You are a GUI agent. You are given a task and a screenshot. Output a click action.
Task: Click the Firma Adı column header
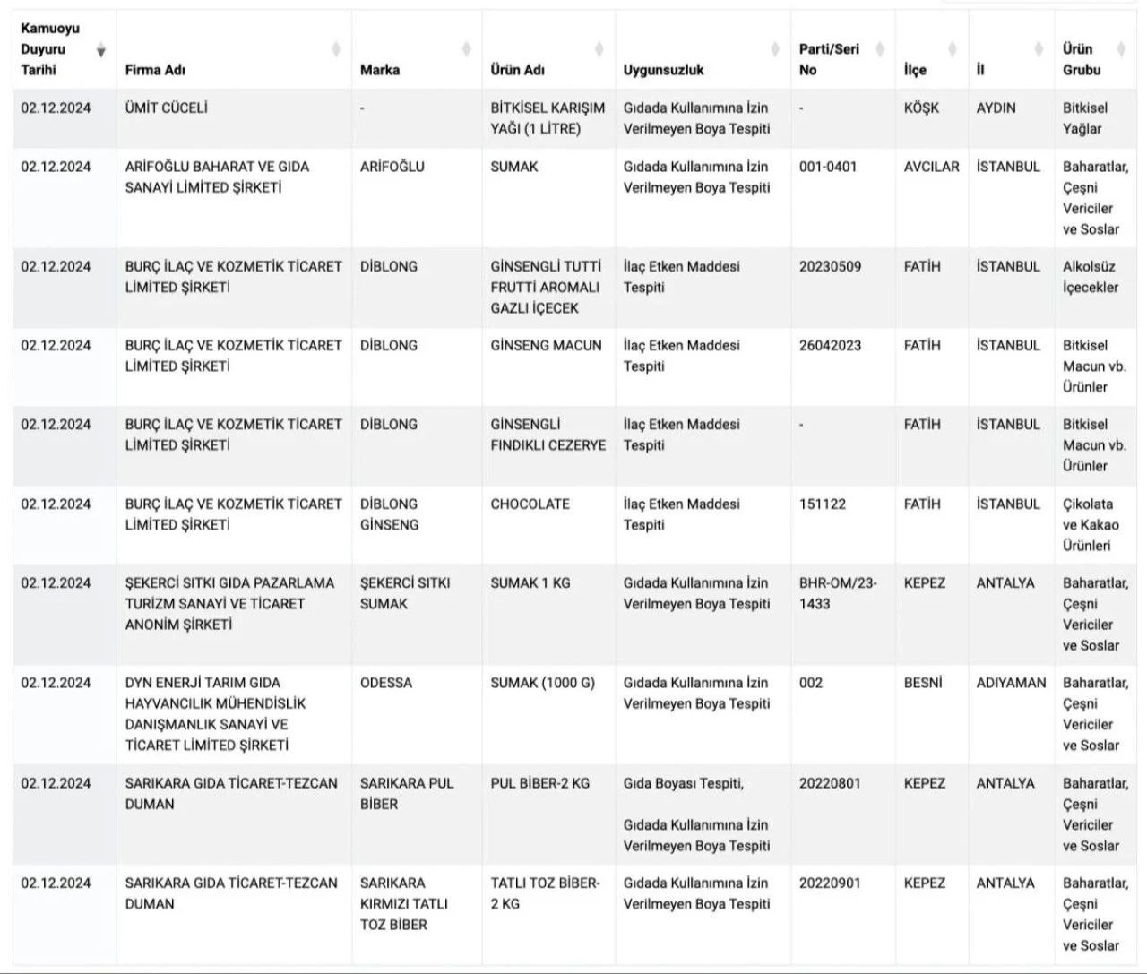155,70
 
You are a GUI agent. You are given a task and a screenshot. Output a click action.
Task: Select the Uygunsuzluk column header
663,70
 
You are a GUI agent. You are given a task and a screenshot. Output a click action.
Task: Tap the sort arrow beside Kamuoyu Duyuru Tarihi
101,50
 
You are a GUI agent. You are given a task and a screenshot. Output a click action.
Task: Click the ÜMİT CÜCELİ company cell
166,108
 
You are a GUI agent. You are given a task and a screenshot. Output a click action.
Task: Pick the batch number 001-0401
827,167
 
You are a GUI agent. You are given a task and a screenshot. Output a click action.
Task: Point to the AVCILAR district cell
931,167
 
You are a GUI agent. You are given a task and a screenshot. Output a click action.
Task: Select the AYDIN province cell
996,108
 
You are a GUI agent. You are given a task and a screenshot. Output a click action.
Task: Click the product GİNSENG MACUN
546,346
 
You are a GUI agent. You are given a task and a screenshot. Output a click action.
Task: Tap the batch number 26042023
830,346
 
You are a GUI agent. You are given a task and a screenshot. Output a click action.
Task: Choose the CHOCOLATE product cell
530,504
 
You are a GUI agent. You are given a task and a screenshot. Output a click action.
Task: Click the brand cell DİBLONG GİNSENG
389,514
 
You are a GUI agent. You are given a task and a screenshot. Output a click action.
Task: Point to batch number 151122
822,504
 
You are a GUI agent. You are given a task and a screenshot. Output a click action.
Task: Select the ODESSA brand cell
386,683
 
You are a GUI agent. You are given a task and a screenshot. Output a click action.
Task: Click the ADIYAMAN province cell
1011,683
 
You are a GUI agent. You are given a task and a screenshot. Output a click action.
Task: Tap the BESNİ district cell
923,683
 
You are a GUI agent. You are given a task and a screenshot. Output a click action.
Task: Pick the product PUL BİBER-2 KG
539,783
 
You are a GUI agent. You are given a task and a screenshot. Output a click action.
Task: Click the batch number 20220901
830,883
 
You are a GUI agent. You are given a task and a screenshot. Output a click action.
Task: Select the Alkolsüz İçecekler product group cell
1091,277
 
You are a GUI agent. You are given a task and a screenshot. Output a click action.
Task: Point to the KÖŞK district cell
921,108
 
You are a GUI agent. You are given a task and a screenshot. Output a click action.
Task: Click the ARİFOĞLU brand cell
392,167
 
